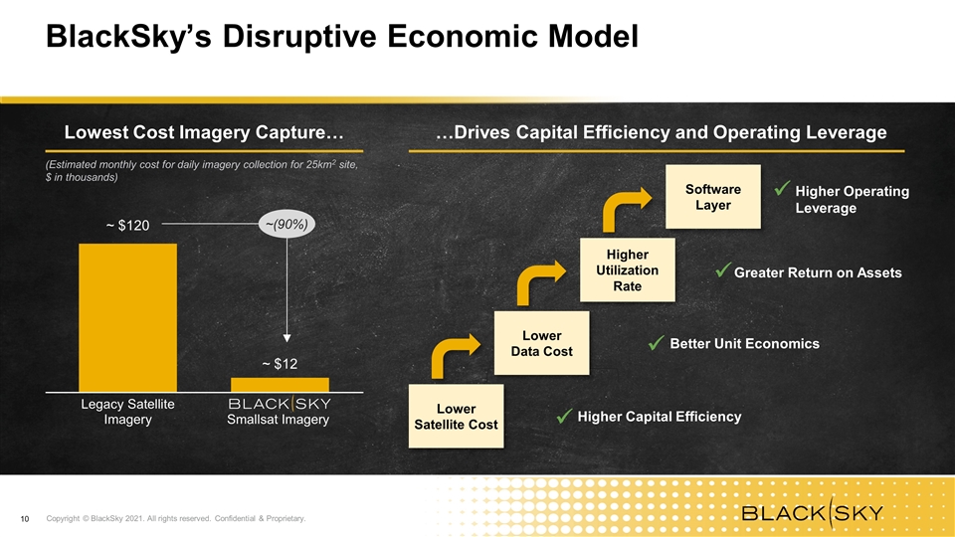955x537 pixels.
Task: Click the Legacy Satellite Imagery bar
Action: click(x=128, y=317)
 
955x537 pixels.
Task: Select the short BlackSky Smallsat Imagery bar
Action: click(x=280, y=385)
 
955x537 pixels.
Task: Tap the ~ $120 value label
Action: click(x=128, y=226)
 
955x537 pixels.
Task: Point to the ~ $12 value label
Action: click(x=280, y=364)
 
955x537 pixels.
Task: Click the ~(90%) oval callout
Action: click(x=286, y=224)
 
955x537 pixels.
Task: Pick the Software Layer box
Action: click(x=713, y=197)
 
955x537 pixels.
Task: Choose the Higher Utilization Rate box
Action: click(x=628, y=269)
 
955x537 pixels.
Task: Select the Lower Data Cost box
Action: click(x=541, y=343)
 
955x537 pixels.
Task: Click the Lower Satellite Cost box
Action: click(x=457, y=416)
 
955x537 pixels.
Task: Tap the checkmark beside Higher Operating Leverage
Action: click(x=782, y=189)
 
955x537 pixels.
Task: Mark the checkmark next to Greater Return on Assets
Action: click(x=723, y=270)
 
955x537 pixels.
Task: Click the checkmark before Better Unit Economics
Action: click(x=656, y=343)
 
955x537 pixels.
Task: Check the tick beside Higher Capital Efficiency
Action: click(x=565, y=417)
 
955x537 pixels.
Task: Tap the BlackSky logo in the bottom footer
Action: click(x=813, y=513)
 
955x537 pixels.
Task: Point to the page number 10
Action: click(x=25, y=519)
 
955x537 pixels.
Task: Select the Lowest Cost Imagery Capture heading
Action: click(x=204, y=132)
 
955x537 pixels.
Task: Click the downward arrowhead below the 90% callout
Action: click(x=286, y=338)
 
